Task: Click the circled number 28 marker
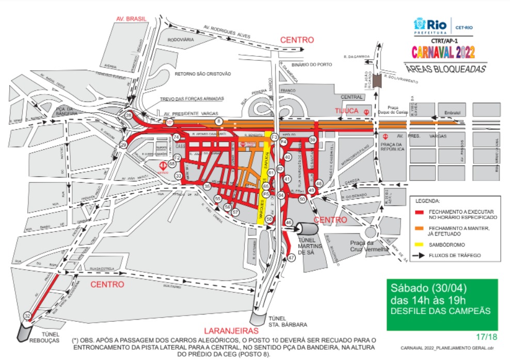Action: pos(129,116)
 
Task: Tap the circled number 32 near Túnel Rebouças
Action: pos(27,316)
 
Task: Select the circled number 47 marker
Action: pos(292,257)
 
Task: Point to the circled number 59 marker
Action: pos(313,139)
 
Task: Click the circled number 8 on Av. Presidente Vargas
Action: pos(219,121)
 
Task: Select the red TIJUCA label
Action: pos(347,111)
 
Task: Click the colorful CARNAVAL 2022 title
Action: pos(443,52)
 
